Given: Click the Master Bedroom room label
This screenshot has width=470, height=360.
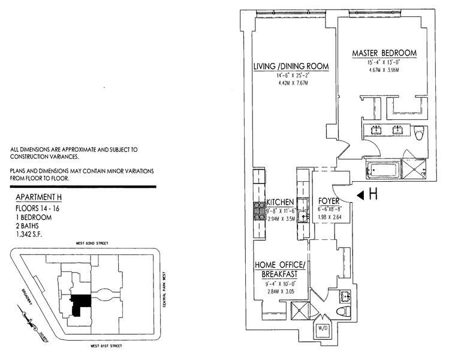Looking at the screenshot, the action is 384,53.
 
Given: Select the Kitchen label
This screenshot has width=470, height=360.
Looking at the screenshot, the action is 280,203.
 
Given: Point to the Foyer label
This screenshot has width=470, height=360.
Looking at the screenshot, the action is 329,202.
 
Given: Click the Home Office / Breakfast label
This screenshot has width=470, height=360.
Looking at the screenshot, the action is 281,270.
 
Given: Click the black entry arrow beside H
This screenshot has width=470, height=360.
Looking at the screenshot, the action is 359,195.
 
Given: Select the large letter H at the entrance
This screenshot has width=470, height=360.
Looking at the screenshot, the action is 373,194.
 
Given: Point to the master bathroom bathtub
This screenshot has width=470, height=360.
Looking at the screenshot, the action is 384,172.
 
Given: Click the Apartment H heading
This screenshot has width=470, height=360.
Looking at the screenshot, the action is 38,197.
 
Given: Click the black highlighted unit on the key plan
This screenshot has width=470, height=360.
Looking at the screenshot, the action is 80,305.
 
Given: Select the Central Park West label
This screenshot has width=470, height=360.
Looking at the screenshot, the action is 164,290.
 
